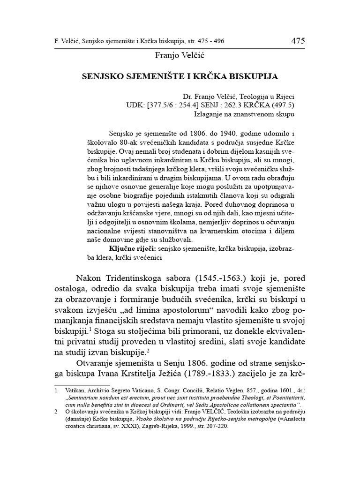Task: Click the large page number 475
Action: pos(298,41)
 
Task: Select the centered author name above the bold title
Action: pos(180,56)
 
